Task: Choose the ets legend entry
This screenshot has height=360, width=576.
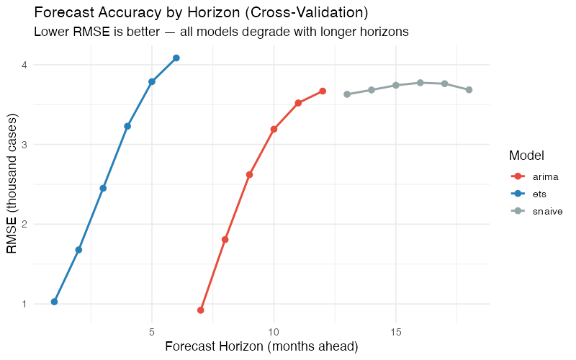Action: click(x=539, y=193)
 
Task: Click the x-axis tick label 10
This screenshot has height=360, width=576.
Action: click(x=274, y=333)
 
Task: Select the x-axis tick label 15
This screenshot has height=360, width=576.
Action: click(x=395, y=333)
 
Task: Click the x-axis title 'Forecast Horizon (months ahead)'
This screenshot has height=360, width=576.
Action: click(x=261, y=347)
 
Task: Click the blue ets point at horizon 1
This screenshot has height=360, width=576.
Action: click(x=54, y=302)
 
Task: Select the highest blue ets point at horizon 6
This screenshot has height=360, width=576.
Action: click(x=176, y=58)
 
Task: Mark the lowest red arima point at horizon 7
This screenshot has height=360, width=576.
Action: click(x=201, y=310)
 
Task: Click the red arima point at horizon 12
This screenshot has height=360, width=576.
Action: click(x=323, y=91)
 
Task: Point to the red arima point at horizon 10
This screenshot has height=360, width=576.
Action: click(x=274, y=129)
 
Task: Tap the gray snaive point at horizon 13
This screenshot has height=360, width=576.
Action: click(x=347, y=94)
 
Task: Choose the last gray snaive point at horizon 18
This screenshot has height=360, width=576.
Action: click(x=469, y=90)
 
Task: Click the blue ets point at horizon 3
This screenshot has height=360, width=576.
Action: click(x=103, y=188)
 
